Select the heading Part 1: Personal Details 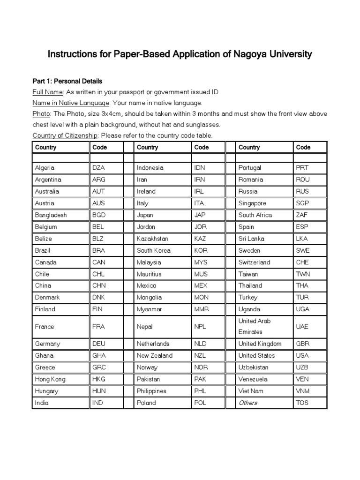pyautogui.click(x=67, y=81)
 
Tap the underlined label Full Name pyautogui.click(x=47, y=92)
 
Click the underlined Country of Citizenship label pyautogui.click(x=65, y=135)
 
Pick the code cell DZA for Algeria pyautogui.click(x=99, y=168)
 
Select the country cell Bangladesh pyautogui.click(x=51, y=215)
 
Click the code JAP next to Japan pyautogui.click(x=200, y=215)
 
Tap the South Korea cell pyautogui.click(x=154, y=250)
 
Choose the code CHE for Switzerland pyautogui.click(x=303, y=262)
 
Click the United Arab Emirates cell pyautogui.click(x=255, y=326)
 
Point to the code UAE pyautogui.click(x=303, y=326)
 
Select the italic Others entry pyautogui.click(x=248, y=403)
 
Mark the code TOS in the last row pyautogui.click(x=302, y=403)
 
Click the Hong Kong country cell pyautogui.click(x=50, y=379)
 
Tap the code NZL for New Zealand pyautogui.click(x=200, y=356)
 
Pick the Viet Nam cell pyautogui.click(x=251, y=391)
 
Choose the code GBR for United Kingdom pyautogui.click(x=303, y=344)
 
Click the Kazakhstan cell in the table pyautogui.click(x=152, y=239)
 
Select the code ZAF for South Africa pyautogui.click(x=303, y=215)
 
